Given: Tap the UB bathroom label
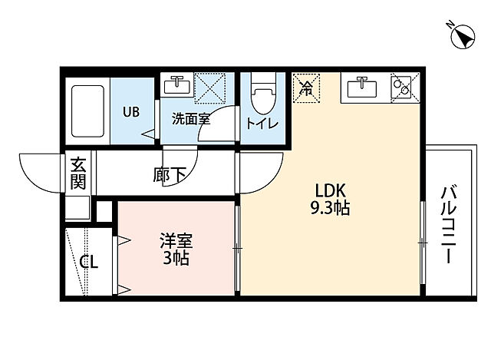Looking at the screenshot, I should (x=132, y=111).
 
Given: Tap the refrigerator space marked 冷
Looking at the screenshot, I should (x=306, y=88).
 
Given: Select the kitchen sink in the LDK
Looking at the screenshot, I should (x=361, y=88).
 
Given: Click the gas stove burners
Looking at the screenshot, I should (x=402, y=88).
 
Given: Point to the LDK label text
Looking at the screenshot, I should (x=331, y=190).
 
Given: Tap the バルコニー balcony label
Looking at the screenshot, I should (x=449, y=223).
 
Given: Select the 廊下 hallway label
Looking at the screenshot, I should (x=170, y=174).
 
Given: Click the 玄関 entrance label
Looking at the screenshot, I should (x=78, y=173).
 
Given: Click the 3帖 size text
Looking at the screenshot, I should (x=175, y=258).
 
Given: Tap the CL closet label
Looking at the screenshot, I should (x=89, y=262).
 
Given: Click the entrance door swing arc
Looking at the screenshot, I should (x=38, y=173).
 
